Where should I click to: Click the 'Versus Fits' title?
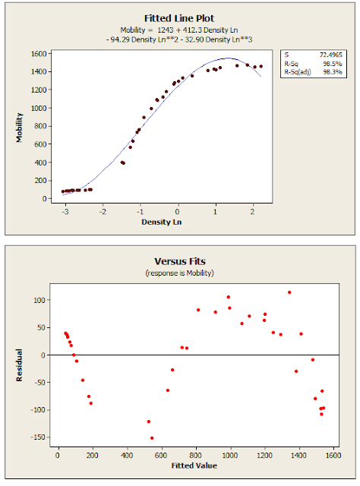(x=180, y=262)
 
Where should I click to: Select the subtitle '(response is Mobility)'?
(x=180, y=273)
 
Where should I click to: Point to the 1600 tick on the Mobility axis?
(x=38, y=54)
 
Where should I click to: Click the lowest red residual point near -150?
(x=152, y=437)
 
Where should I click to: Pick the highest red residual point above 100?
(x=289, y=292)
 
